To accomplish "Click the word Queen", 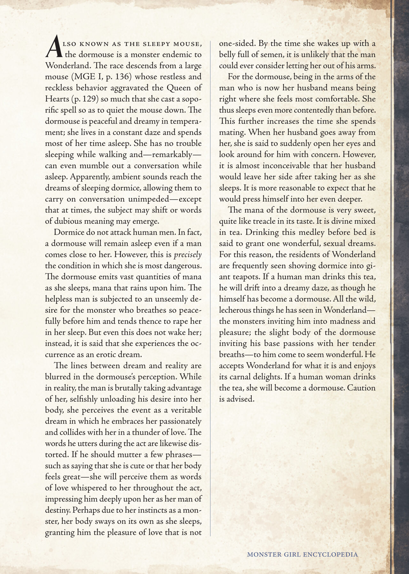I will click(x=177, y=88).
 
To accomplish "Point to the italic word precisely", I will click(x=188, y=255).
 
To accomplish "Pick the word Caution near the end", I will click(x=361, y=388).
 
